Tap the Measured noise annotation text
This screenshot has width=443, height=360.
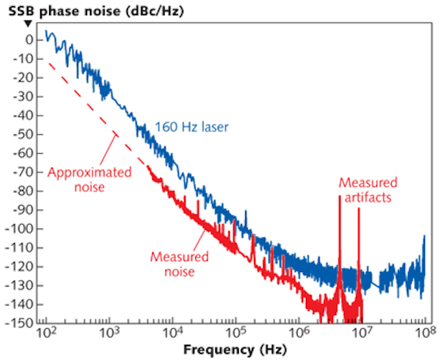[180, 264]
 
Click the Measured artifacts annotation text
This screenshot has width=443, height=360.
[368, 190]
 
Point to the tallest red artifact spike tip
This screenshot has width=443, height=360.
[340, 197]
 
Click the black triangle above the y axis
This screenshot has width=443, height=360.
[28, 23]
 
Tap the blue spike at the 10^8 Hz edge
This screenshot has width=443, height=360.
[424, 237]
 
